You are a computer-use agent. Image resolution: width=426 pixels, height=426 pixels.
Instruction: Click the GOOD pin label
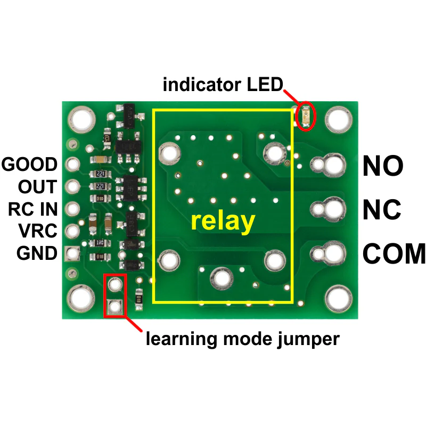[x=29, y=165]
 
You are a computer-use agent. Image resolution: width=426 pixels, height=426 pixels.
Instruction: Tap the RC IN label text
[x=33, y=209]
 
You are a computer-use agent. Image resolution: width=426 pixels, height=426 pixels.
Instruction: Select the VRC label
[x=38, y=231]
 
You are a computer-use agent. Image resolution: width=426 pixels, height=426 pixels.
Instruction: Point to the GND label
[x=37, y=253]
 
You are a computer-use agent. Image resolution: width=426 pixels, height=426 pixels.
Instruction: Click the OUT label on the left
[x=37, y=187]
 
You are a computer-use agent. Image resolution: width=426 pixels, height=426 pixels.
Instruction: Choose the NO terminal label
[x=383, y=166]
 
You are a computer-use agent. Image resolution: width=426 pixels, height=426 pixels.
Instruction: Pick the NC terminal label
[x=382, y=209]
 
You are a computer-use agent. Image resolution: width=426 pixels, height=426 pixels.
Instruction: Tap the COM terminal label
[x=394, y=253]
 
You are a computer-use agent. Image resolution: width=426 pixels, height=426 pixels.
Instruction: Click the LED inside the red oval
[x=306, y=117]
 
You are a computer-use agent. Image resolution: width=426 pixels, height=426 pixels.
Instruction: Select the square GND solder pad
[x=72, y=253]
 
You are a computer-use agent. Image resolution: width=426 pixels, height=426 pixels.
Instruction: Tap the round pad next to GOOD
[x=73, y=164]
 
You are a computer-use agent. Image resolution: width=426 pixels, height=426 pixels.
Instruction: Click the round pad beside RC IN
[x=73, y=209]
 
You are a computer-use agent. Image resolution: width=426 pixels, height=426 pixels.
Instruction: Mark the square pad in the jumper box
[x=115, y=307]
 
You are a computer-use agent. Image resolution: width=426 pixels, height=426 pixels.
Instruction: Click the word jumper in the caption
[x=308, y=339]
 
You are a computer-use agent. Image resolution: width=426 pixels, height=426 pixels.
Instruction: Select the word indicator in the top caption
[x=202, y=85]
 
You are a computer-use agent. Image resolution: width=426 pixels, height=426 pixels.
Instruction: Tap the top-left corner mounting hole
[x=81, y=119]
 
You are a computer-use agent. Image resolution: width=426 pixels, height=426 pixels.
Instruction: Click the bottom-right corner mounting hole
[x=338, y=299]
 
